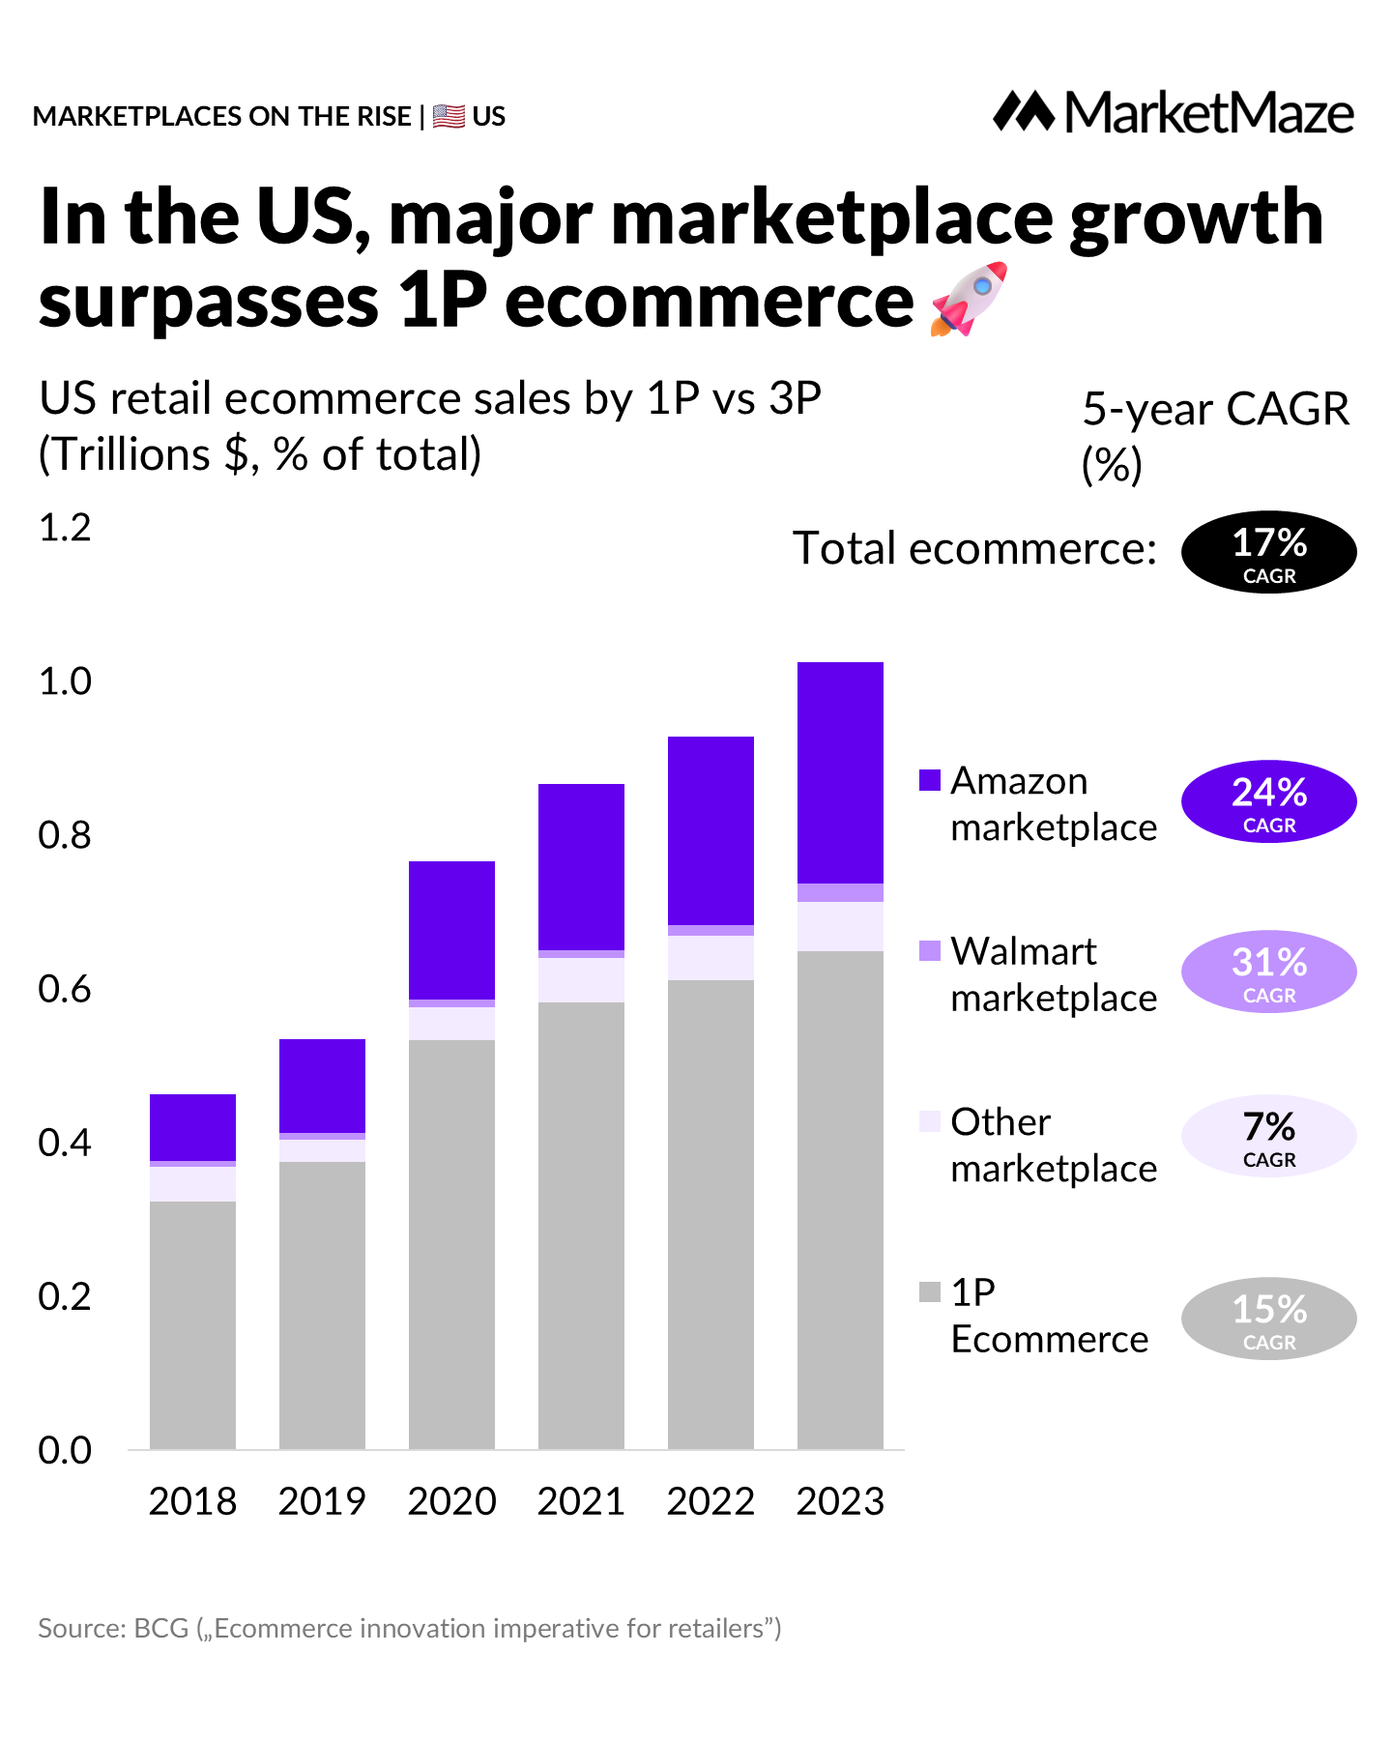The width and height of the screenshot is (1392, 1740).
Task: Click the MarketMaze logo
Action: (1173, 113)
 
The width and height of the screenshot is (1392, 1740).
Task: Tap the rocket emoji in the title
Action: (969, 299)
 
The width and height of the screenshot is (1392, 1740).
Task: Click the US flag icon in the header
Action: (449, 116)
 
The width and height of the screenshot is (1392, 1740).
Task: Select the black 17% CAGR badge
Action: (1268, 552)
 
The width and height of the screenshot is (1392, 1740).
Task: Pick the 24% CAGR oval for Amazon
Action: (1268, 801)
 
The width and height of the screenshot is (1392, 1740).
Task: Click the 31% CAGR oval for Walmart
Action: (1268, 971)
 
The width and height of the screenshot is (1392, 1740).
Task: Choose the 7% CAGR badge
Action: (1268, 1136)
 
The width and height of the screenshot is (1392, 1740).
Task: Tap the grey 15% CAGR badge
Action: (1268, 1319)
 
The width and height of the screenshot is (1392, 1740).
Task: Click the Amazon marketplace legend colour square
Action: (930, 780)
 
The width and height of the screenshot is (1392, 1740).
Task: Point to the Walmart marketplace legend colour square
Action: (930, 950)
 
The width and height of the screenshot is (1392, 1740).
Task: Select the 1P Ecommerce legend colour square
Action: (930, 1291)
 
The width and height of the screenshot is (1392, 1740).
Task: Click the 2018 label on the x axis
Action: (192, 1501)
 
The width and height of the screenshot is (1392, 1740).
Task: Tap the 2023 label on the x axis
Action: (840, 1501)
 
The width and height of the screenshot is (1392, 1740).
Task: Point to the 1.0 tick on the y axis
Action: (65, 681)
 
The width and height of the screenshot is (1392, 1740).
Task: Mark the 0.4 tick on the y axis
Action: (65, 1143)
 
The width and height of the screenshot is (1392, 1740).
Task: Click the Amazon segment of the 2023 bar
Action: (840, 772)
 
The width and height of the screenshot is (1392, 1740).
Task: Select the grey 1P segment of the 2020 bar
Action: (451, 1244)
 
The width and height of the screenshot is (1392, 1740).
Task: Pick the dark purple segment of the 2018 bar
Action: (192, 1127)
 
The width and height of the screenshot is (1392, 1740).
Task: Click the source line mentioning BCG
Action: (409, 1629)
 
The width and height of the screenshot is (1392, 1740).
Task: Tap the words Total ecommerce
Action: (974, 548)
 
